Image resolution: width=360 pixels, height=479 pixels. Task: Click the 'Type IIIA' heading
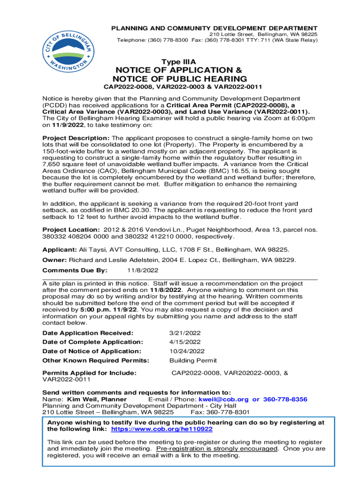coord(179,62)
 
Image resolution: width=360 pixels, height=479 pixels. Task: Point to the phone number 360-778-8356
coord(285,399)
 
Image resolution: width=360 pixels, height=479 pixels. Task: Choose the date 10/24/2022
coord(187,351)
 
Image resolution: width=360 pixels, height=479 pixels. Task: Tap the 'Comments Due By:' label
coord(75,270)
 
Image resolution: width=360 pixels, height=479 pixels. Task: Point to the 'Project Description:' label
coord(76,138)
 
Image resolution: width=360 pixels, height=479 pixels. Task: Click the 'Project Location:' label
coord(71,230)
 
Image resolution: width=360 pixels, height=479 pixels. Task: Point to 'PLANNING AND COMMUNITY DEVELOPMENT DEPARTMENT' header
coord(214,29)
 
